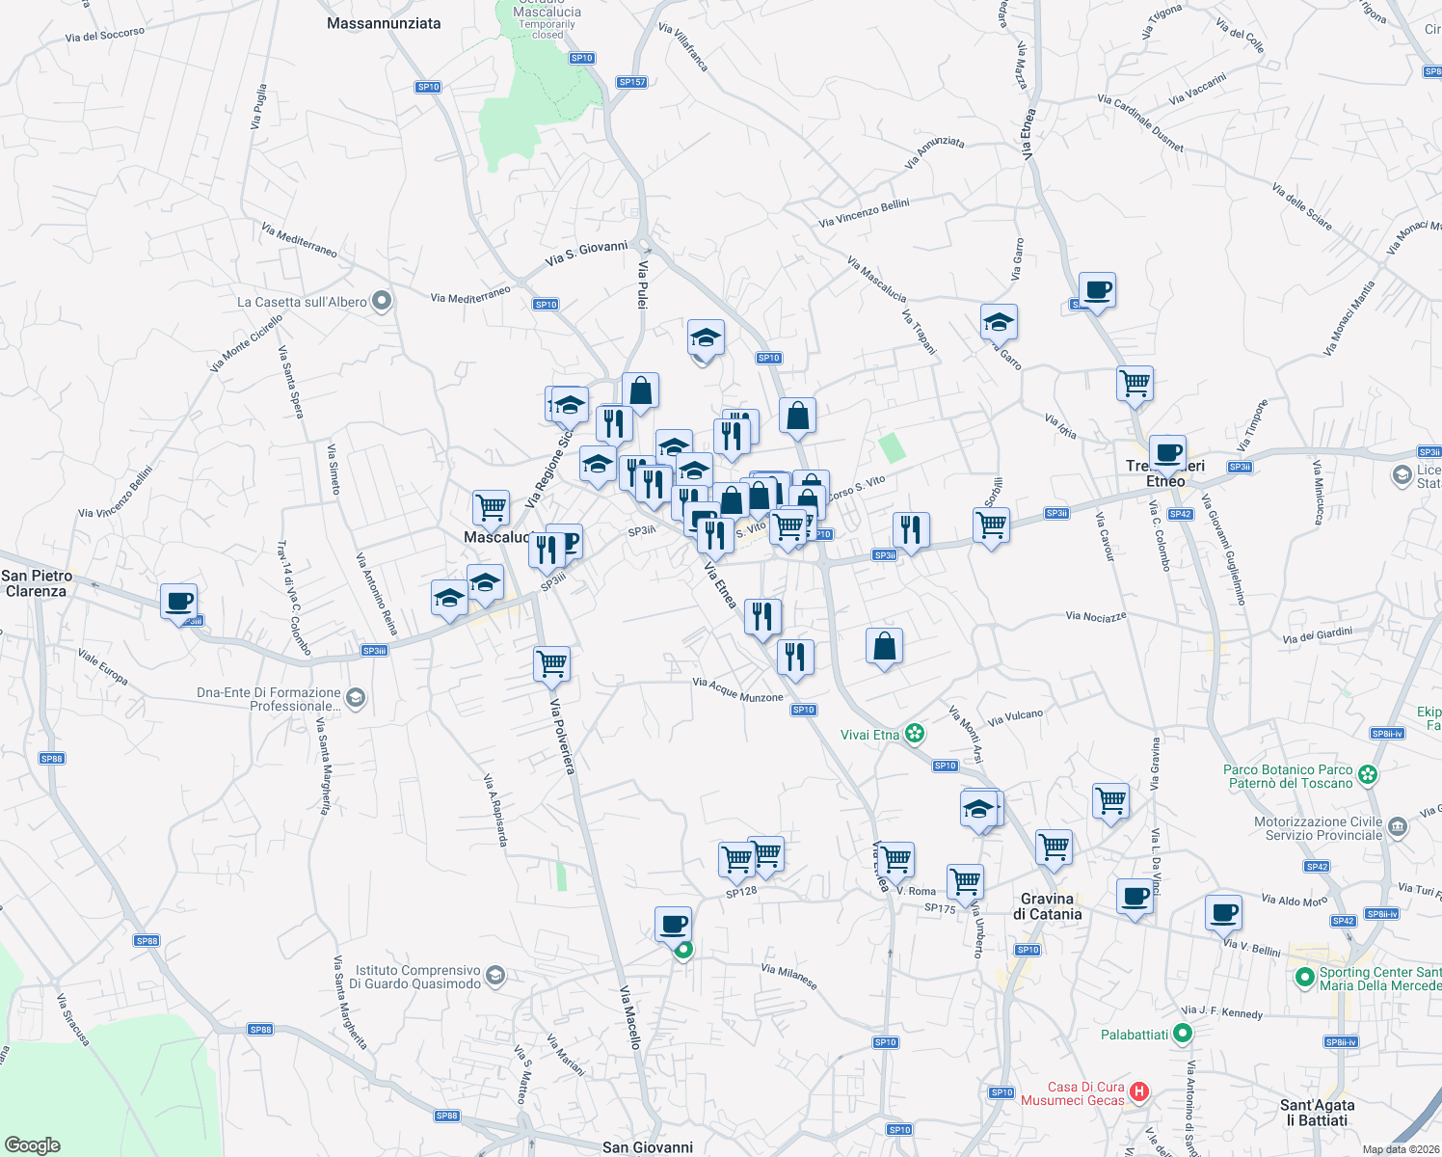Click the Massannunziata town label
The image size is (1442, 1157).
pyautogui.click(x=384, y=23)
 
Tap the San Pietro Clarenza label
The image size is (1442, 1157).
pyautogui.click(x=37, y=583)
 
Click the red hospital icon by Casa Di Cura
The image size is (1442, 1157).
pyautogui.click(x=1139, y=1092)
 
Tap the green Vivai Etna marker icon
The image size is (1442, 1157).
pyautogui.click(x=915, y=735)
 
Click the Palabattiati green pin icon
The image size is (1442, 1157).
pyautogui.click(x=1183, y=1035)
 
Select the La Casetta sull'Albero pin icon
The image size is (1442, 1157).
pyautogui.click(x=382, y=302)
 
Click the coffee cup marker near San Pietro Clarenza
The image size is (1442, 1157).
pyautogui.click(x=179, y=603)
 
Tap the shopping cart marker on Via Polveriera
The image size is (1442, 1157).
pyautogui.click(x=552, y=663)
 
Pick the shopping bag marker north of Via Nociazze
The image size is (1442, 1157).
pyautogui.click(x=884, y=647)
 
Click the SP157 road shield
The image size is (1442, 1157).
pyautogui.click(x=632, y=82)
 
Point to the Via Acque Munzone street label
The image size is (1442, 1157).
pyautogui.click(x=737, y=689)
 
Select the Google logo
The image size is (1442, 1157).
pyautogui.click(x=33, y=1145)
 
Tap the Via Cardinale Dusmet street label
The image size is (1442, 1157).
pyautogui.click(x=1140, y=122)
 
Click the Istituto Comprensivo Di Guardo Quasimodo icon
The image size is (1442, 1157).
pyautogui.click(x=495, y=977)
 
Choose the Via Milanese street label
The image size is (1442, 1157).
pyautogui.click(x=789, y=977)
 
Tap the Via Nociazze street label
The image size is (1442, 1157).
pyautogui.click(x=1096, y=616)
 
